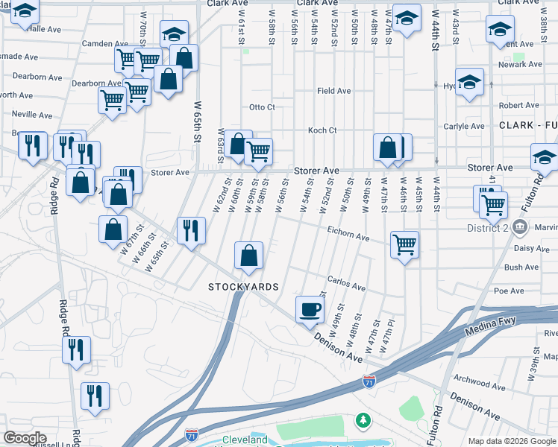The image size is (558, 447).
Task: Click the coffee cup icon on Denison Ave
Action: (x=310, y=308)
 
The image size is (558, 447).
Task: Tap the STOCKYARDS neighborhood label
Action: (x=243, y=287)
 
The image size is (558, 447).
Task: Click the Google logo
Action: (x=25, y=438)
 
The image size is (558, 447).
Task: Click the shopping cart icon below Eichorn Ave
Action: (x=404, y=244)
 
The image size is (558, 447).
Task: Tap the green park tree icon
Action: (x=363, y=422)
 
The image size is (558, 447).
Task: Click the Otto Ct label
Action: (x=262, y=107)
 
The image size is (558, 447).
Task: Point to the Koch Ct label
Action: (x=322, y=130)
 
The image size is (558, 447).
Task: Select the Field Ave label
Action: (x=333, y=91)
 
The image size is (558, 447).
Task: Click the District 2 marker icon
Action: (x=521, y=226)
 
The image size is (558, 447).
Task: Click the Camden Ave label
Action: (x=96, y=44)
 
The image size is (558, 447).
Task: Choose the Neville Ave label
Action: (x=31, y=115)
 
